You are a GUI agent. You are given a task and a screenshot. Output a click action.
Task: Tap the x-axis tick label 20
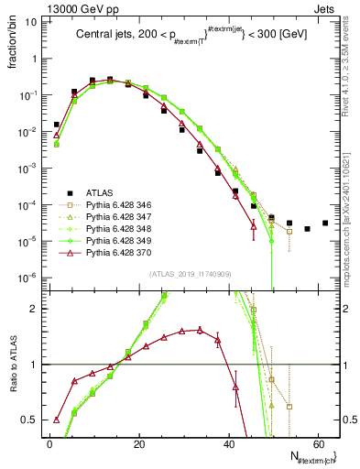(138, 443)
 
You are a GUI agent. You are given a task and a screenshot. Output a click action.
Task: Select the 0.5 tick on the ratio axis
(35, 420)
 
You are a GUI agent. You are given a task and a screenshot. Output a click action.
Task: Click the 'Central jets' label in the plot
(104, 38)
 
